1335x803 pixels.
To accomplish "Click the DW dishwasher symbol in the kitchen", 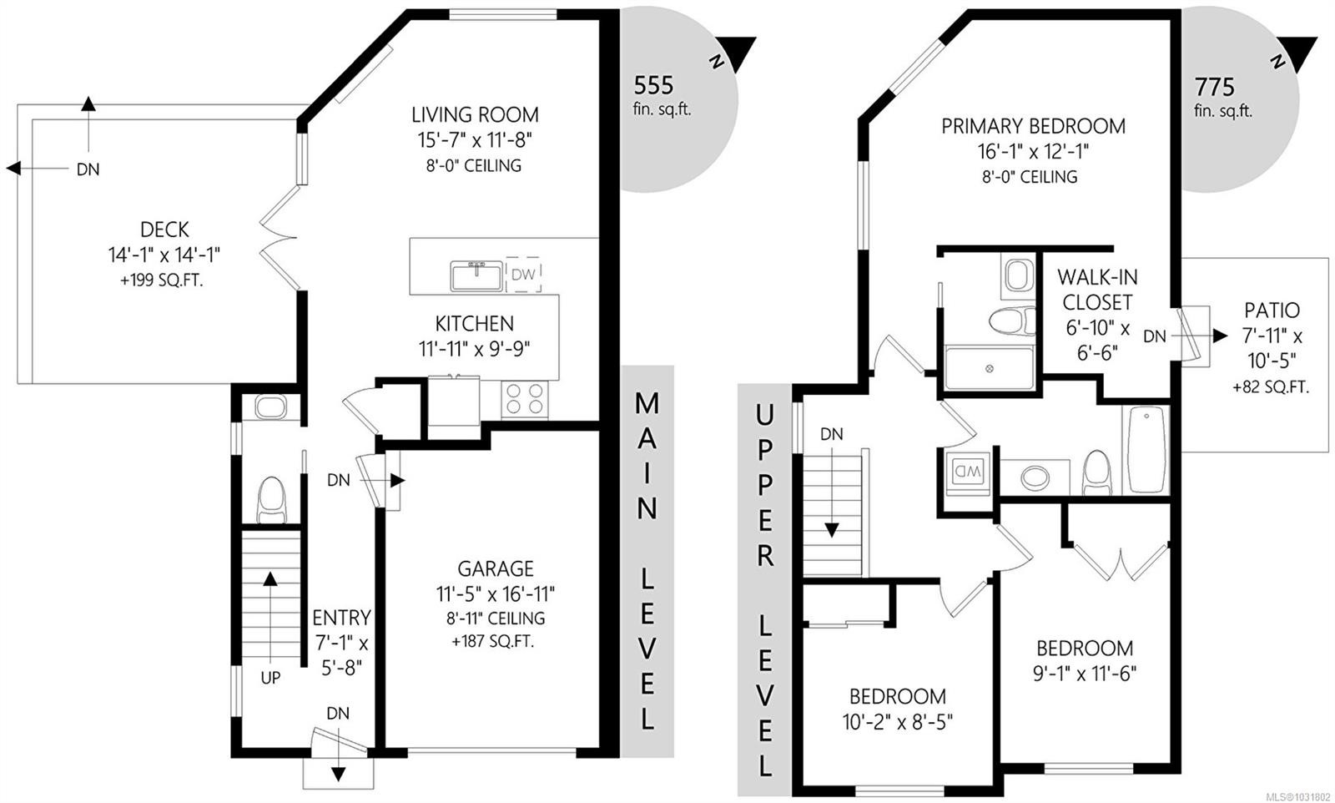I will [x=523, y=275].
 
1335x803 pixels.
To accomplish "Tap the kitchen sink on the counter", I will [x=476, y=275].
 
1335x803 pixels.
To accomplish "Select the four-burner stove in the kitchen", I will [x=525, y=398].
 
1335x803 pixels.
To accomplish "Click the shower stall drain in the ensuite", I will [x=989, y=368].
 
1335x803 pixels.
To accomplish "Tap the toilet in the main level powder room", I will [x=271, y=499].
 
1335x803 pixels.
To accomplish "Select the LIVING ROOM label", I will [x=475, y=114].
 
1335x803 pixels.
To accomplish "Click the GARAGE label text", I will [x=495, y=568].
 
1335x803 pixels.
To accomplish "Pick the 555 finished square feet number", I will [x=653, y=85].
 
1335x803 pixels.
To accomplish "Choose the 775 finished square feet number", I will [x=1214, y=86].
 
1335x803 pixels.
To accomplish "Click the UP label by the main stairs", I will [x=270, y=678].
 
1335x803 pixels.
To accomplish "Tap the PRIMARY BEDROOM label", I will [x=1033, y=126].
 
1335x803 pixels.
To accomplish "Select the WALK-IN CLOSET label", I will [x=1097, y=289].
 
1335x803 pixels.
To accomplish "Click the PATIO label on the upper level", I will [x=1272, y=311].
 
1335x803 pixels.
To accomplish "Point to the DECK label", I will [x=164, y=230].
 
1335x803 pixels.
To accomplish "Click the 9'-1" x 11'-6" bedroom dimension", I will [x=1084, y=673].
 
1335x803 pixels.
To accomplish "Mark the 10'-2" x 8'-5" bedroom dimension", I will [x=897, y=721].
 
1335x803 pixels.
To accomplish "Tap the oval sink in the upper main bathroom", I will [x=1035, y=477].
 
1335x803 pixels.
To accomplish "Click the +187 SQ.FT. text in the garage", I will [x=492, y=642].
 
